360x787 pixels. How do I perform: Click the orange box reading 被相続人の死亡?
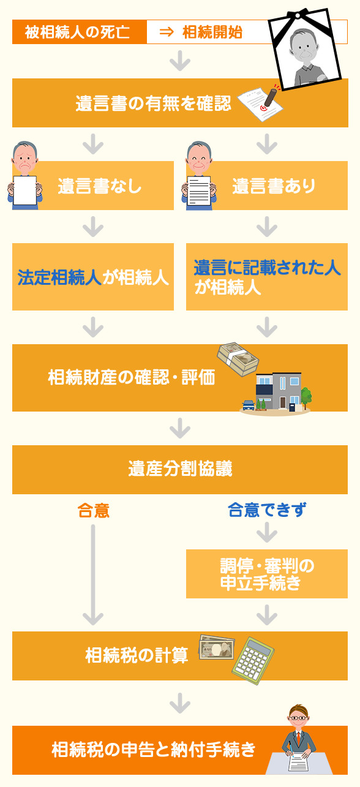pyautogui.click(x=80, y=32)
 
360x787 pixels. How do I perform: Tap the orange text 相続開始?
pyautogui.click(x=212, y=32)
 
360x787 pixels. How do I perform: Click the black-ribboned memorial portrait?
pyautogui.click(x=304, y=49)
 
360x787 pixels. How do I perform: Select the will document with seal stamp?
pyautogui.click(x=260, y=103)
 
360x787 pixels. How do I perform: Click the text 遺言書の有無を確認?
pyautogui.click(x=154, y=104)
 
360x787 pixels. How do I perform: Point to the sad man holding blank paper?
pyautogui.click(x=25, y=175)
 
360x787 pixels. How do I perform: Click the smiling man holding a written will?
pyautogui.click(x=199, y=175)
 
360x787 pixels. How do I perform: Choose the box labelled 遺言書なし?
pyautogui.click(x=93, y=186)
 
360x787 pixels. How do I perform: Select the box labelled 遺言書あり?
pyautogui.click(x=267, y=186)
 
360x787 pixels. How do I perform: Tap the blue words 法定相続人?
pyautogui.click(x=59, y=277)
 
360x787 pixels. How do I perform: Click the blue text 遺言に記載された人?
pyautogui.click(x=267, y=268)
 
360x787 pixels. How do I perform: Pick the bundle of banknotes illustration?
pyautogui.click(x=238, y=360)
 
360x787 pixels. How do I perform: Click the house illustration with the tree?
pyautogui.click(x=276, y=393)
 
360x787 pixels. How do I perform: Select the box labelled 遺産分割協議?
pyautogui.click(x=180, y=470)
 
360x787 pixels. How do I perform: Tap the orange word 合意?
pyautogui.click(x=94, y=511)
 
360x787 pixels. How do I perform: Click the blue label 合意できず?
pyautogui.click(x=267, y=510)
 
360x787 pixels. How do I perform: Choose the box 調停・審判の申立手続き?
pyautogui.click(x=267, y=574)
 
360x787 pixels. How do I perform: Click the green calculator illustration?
pyautogui.click(x=253, y=660)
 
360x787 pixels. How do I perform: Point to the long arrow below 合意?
pyautogui.click(x=93, y=575)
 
